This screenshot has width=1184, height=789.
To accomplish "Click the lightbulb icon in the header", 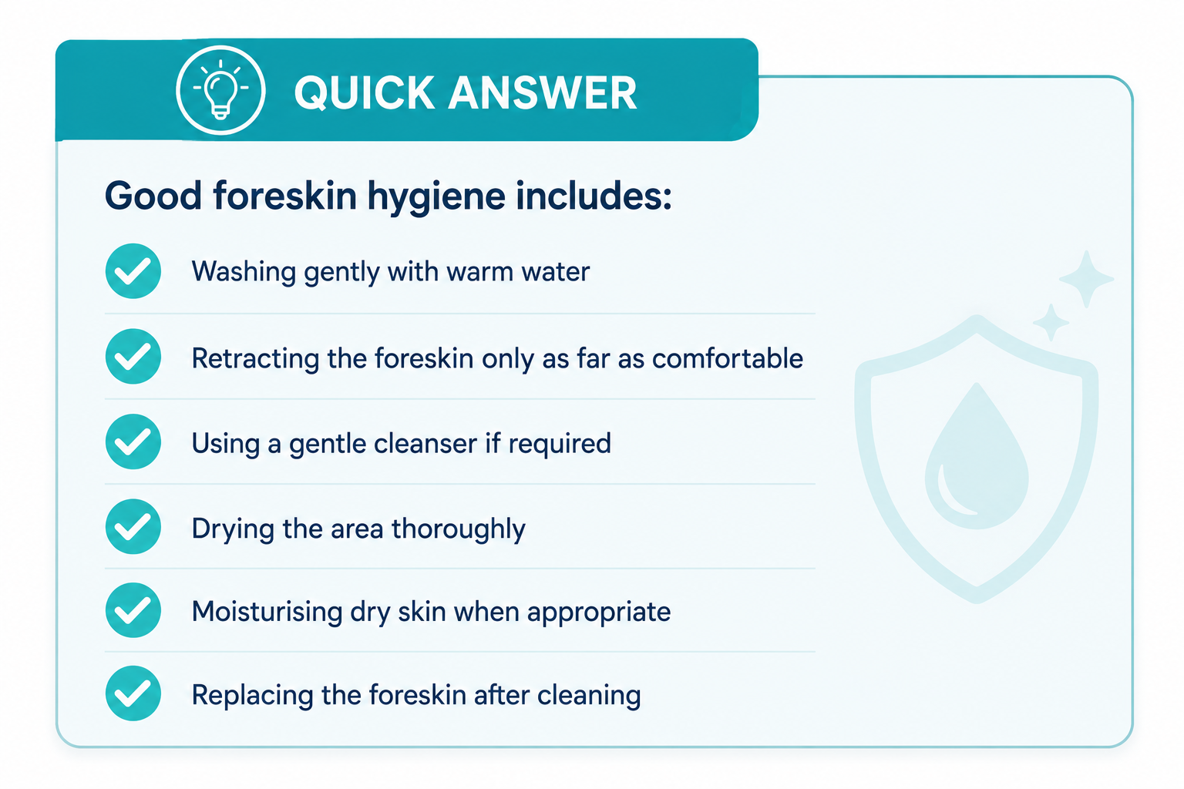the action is [220, 90].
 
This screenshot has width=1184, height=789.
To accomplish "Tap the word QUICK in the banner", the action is [365, 93].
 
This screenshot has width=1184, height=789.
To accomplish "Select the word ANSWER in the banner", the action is [543, 93].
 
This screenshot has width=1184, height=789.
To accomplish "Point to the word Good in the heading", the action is [153, 196].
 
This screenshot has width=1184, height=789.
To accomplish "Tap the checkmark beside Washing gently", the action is [133, 271].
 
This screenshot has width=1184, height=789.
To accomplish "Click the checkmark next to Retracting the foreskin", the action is [133, 356].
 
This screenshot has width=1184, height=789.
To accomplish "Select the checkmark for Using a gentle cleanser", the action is [133, 442].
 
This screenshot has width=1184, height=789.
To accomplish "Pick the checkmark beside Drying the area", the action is [133, 526].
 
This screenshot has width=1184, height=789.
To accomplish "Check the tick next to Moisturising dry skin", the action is [133, 609].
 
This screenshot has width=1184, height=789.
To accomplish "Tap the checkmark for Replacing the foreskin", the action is [133, 693].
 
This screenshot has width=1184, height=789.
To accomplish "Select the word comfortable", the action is [728, 358].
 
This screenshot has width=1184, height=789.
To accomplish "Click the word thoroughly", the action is [459, 529].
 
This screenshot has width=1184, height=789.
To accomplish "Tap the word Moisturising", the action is [267, 612].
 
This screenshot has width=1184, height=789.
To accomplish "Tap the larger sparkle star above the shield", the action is [1086, 279].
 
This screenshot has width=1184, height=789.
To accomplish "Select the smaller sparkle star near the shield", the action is [1051, 322].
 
